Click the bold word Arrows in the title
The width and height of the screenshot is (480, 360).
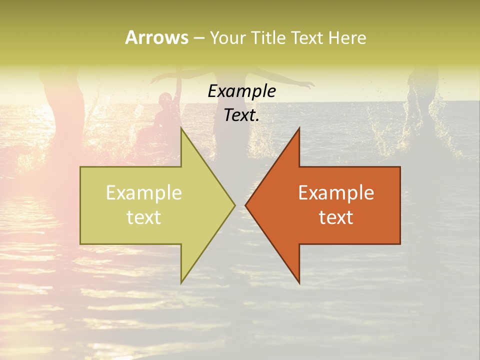(x=156, y=37)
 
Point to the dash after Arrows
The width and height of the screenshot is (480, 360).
(x=198, y=38)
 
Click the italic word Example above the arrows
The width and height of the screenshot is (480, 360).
(x=241, y=91)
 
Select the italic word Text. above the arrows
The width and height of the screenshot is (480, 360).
(x=241, y=115)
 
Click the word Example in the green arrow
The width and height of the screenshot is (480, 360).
(x=144, y=193)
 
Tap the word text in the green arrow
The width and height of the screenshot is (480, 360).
(x=144, y=217)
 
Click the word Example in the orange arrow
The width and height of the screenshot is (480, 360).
(x=336, y=193)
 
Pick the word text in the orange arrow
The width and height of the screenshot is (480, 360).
(x=336, y=217)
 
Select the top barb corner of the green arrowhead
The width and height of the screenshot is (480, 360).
(x=181, y=128)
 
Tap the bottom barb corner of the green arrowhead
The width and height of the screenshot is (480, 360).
(x=181, y=282)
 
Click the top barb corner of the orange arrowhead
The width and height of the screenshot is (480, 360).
(x=299, y=128)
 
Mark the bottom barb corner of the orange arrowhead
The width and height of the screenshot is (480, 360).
(x=299, y=282)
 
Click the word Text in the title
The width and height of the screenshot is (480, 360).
(x=305, y=38)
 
